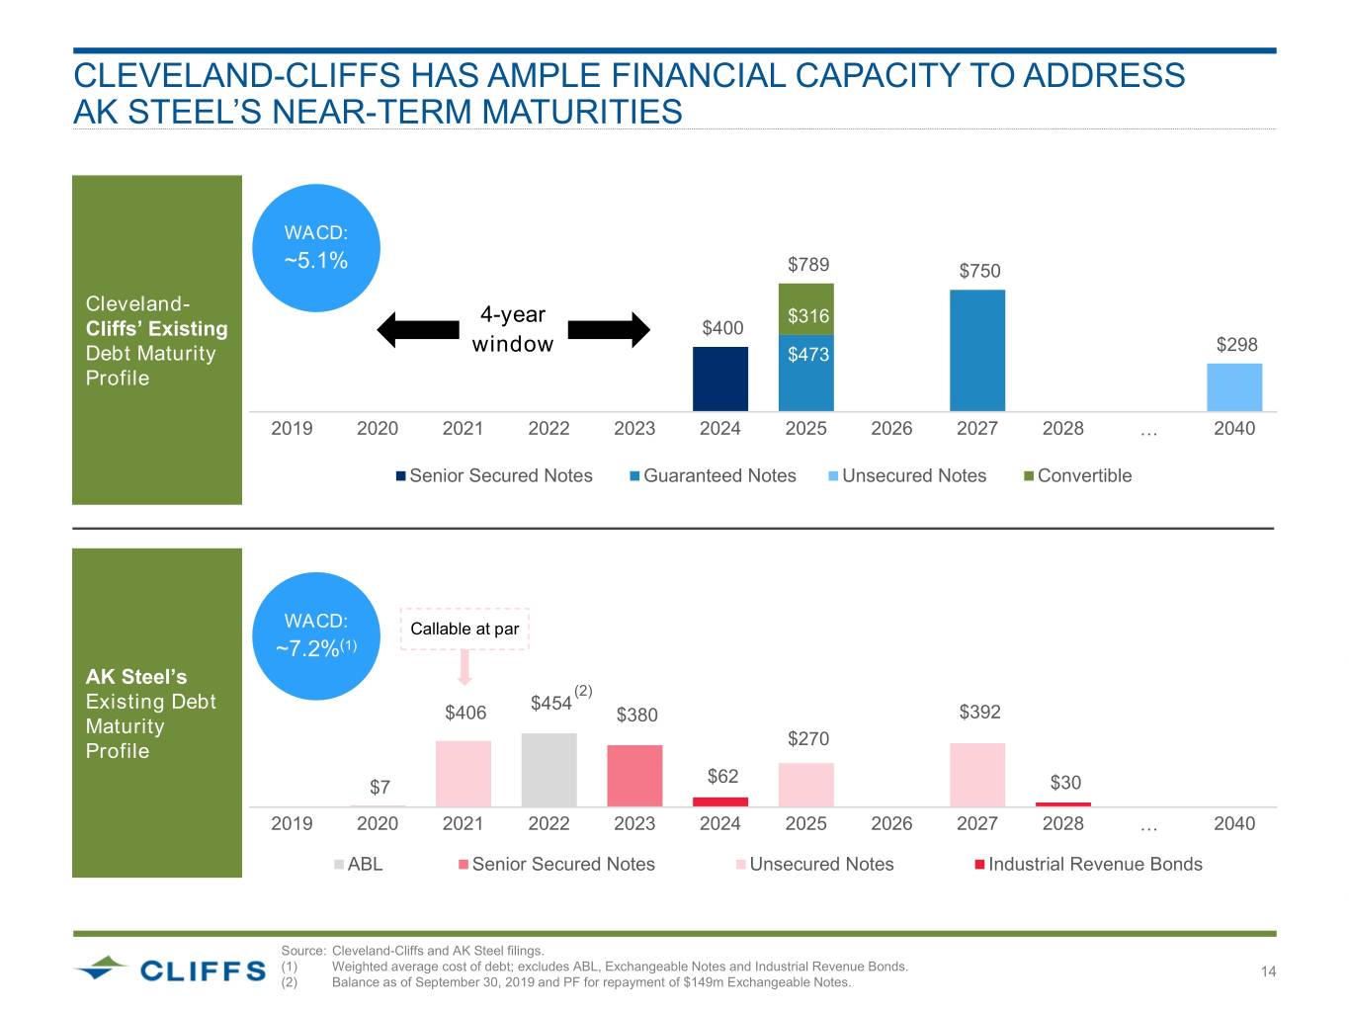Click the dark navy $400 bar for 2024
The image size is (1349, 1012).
pyautogui.click(x=720, y=379)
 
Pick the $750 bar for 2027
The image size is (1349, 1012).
pyautogui.click(x=977, y=350)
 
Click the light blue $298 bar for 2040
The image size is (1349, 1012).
pyautogui.click(x=1234, y=387)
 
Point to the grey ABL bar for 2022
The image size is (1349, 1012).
pyautogui.click(x=548, y=770)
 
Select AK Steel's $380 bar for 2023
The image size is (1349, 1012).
pyautogui.click(x=634, y=776)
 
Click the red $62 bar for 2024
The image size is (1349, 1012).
pyautogui.click(x=720, y=801)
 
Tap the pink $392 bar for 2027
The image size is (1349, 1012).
pyautogui.click(x=977, y=775)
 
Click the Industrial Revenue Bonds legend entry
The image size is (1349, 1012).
pyautogui.click(x=1088, y=864)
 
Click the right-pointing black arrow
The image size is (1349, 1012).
pyautogui.click(x=609, y=329)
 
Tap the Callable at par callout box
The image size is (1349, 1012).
pyautogui.click(x=464, y=629)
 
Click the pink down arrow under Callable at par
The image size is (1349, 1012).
pyautogui.click(x=464, y=668)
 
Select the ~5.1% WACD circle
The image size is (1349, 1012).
pyautogui.click(x=316, y=248)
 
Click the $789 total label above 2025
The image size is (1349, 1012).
pyautogui.click(x=808, y=264)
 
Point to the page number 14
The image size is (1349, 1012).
pyautogui.click(x=1268, y=971)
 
